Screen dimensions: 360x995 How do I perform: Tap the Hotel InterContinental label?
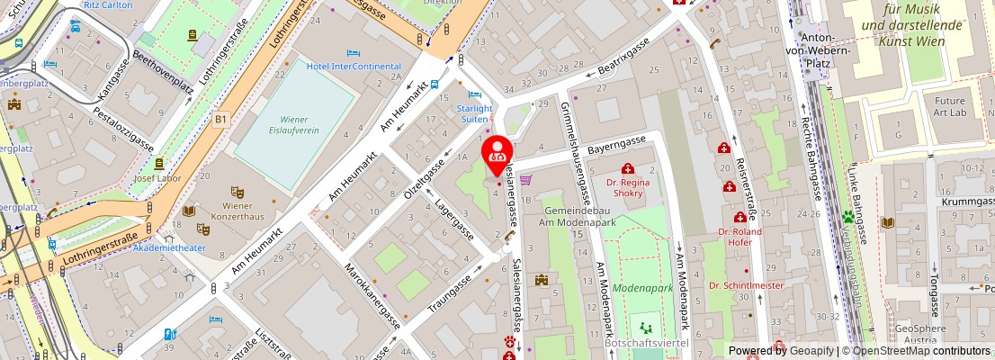[x=354, y=67]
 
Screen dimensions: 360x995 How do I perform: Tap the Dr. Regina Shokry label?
[x=629, y=187]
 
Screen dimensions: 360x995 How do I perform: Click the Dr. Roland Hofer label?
[x=740, y=236]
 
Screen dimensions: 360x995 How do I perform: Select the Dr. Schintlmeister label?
[x=746, y=285]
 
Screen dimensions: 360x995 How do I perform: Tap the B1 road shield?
[x=220, y=118]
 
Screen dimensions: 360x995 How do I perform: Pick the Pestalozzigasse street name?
[x=124, y=126]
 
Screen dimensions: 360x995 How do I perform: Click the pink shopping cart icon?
[x=525, y=180]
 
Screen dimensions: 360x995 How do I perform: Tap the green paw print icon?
[x=847, y=217]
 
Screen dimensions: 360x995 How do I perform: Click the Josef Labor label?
[x=158, y=178]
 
